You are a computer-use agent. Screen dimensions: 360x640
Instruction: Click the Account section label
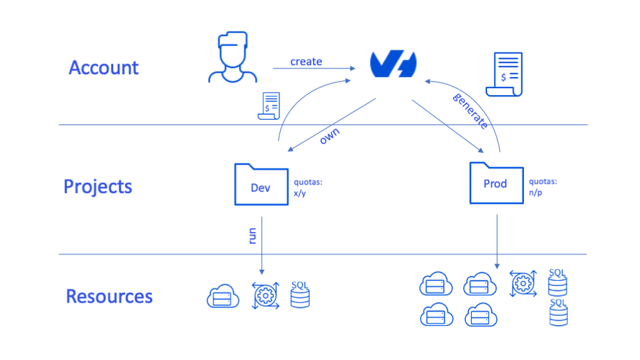103,68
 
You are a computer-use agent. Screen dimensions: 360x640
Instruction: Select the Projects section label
97,187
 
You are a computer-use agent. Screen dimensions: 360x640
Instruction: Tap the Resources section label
109,296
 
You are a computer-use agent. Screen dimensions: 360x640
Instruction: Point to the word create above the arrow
306,62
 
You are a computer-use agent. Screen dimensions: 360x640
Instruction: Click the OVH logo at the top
394,65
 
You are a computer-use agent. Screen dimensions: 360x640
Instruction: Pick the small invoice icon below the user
268,106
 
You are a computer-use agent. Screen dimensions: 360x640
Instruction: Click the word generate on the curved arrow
470,110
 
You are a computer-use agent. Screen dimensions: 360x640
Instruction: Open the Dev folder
261,185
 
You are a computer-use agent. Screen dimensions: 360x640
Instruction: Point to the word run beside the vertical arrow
252,233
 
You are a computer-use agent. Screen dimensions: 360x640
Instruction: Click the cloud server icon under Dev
224,297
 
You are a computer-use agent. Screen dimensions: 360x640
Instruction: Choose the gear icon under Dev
264,296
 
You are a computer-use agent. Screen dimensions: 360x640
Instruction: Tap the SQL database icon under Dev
300,294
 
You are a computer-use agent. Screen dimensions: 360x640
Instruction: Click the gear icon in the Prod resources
523,283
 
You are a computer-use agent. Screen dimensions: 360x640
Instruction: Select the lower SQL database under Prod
558,312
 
